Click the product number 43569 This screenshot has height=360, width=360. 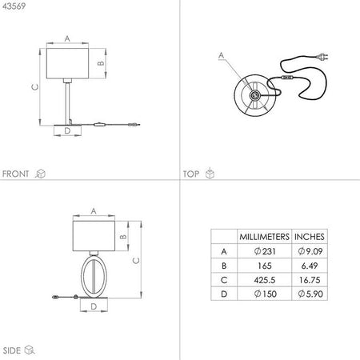pyautogui.click(x=14, y=6)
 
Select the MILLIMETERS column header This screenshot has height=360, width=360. pyautogui.click(x=264, y=237)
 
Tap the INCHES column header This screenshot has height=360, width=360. pyautogui.click(x=310, y=237)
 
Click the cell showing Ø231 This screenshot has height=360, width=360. pyautogui.click(x=265, y=251)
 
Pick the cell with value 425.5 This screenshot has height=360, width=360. pyautogui.click(x=265, y=280)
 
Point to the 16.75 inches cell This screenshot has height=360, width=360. pyautogui.click(x=310, y=280)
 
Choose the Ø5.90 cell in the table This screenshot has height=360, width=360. pyautogui.click(x=310, y=294)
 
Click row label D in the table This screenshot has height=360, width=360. pyautogui.click(x=224, y=294)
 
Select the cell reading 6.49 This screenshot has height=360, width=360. pyautogui.click(x=310, y=266)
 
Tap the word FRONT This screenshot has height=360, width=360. pyautogui.click(x=15, y=174)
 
